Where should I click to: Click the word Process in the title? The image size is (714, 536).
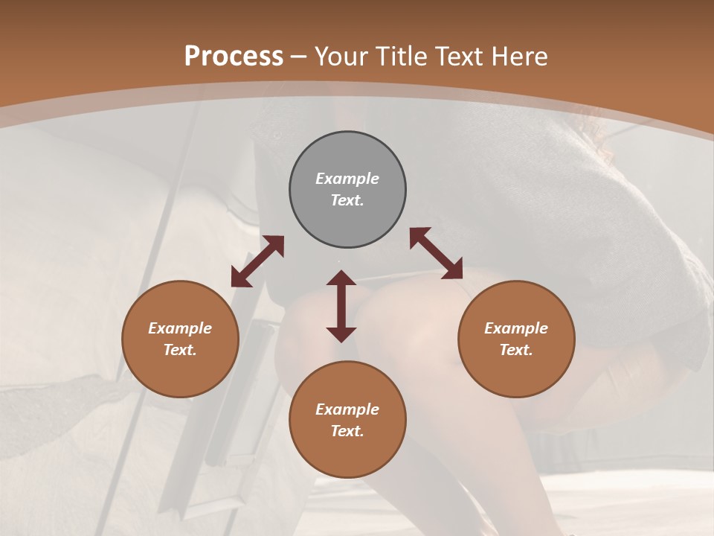click(x=234, y=57)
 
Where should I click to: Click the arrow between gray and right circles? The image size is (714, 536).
click(x=436, y=253)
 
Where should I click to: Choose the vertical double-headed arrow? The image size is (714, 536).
click(x=341, y=306)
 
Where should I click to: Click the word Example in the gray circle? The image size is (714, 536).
click(x=347, y=179)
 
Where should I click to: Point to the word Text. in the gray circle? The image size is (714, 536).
click(x=347, y=200)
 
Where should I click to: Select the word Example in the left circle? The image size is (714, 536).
click(x=180, y=328)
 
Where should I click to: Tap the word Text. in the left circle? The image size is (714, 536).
click(x=180, y=350)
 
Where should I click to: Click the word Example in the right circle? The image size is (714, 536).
click(x=516, y=328)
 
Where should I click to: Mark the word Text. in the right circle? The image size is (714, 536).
click(x=516, y=350)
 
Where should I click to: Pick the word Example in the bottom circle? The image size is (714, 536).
click(x=347, y=409)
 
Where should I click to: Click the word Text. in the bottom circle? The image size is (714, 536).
click(x=347, y=431)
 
